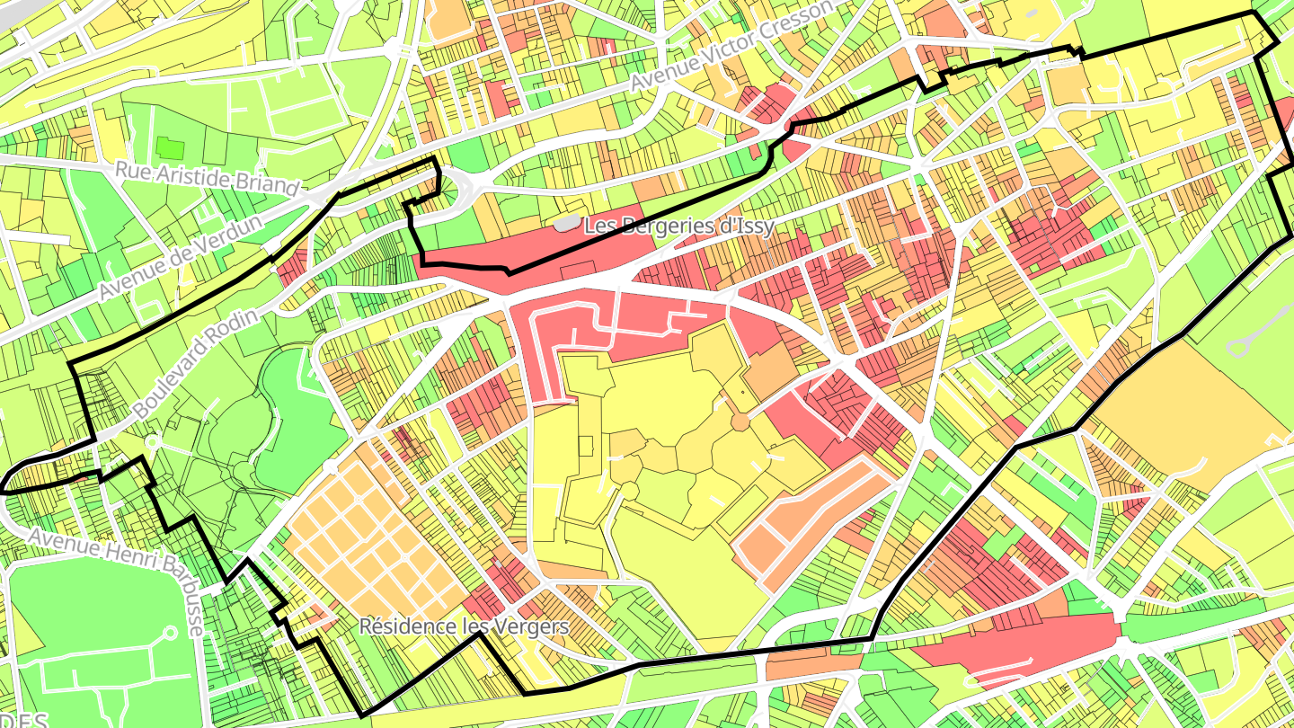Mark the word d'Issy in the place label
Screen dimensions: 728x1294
click(x=743, y=226)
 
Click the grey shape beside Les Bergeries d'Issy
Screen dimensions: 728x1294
click(x=566, y=222)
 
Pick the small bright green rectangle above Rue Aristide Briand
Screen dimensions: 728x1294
click(x=170, y=148)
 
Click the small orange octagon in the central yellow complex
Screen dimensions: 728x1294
click(x=740, y=422)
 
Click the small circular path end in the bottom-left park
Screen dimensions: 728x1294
click(x=170, y=633)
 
